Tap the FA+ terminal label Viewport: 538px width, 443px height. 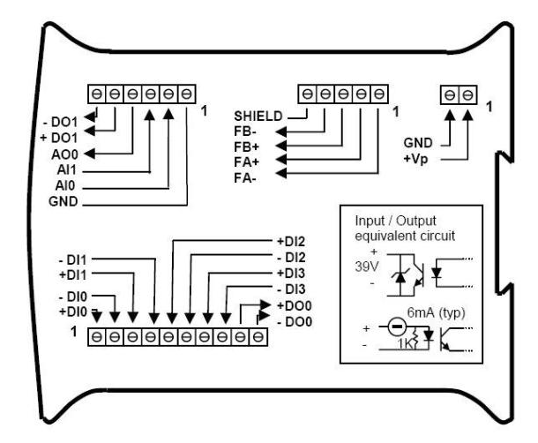point(249,162)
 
